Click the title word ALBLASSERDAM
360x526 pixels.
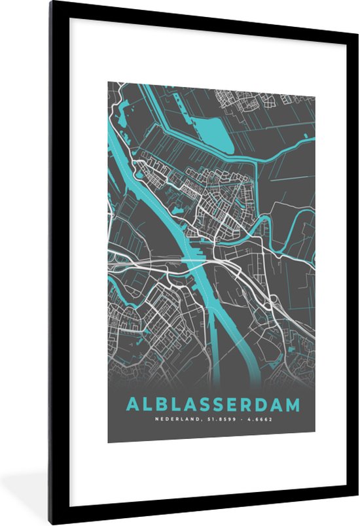pyautogui.click(x=211, y=404)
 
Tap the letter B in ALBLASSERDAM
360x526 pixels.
pyautogui.click(x=156, y=404)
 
